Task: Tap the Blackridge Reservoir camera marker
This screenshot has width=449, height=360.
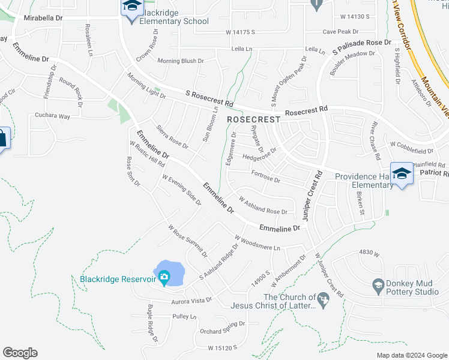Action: point(163,277)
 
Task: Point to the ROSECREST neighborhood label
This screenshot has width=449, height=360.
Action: point(254,119)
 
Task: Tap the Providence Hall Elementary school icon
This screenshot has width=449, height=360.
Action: point(402,173)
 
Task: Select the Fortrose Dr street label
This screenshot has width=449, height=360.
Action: point(265,179)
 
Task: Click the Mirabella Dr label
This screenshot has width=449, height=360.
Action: point(43,18)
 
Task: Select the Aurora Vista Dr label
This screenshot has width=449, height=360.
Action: point(191,300)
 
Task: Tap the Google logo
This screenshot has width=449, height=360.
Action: point(20,352)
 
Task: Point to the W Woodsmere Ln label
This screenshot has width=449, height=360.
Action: point(258,243)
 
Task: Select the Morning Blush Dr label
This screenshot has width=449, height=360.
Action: point(181,61)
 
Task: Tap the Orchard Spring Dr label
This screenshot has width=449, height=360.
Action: point(223,327)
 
